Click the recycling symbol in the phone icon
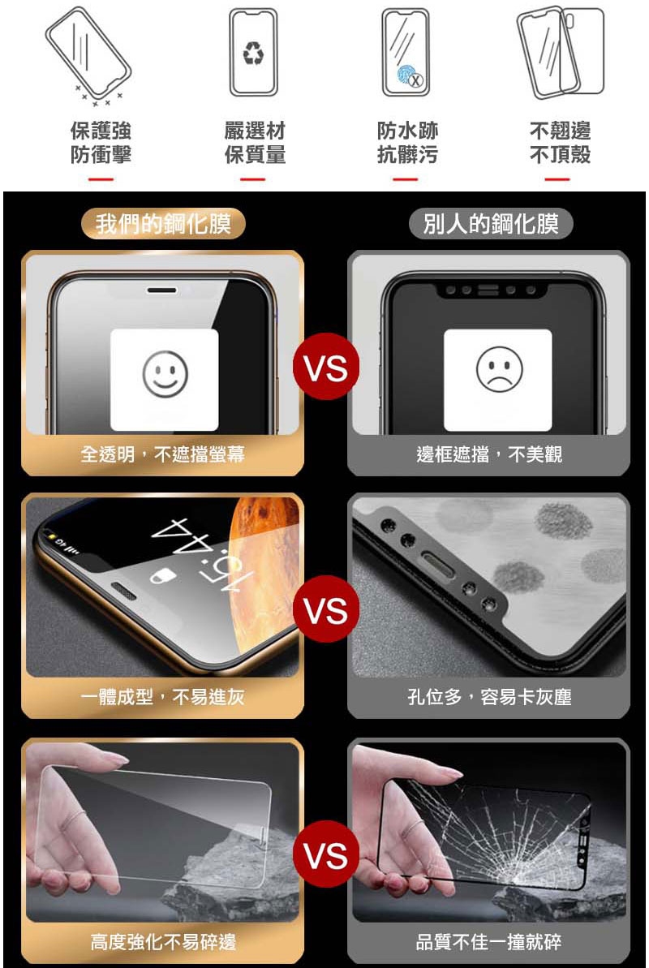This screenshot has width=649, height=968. [x=253, y=53]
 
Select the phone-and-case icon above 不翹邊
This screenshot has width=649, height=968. [x=560, y=53]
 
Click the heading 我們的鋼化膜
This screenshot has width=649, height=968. [x=163, y=223]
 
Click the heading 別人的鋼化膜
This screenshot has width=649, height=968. [x=491, y=223]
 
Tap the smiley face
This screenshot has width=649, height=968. [x=165, y=373]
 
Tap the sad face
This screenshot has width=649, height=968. [x=499, y=369]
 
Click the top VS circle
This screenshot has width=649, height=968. [x=326, y=367]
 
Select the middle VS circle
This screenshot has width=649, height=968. [x=326, y=609]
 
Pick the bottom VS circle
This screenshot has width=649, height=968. [x=326, y=854]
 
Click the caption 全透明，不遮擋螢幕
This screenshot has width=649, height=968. [x=162, y=454]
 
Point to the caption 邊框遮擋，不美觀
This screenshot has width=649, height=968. [x=489, y=454]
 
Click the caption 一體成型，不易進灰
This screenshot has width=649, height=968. [x=162, y=697]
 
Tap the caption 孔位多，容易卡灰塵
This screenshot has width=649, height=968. [x=489, y=697]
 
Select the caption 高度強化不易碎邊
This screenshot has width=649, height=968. [x=163, y=941]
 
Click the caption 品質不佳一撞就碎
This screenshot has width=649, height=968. [x=489, y=941]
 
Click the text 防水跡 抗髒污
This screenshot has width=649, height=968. [x=407, y=142]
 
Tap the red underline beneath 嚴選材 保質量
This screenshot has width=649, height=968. [x=252, y=179]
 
